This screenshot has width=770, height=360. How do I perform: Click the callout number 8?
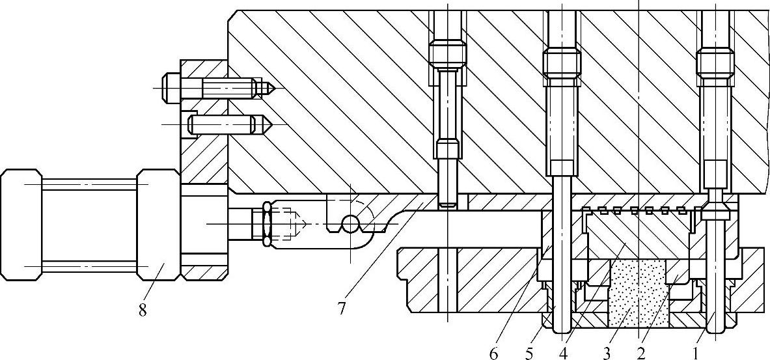[143, 310]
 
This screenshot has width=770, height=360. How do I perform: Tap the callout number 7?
[340, 308]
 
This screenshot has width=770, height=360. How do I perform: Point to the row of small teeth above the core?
[639, 210]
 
